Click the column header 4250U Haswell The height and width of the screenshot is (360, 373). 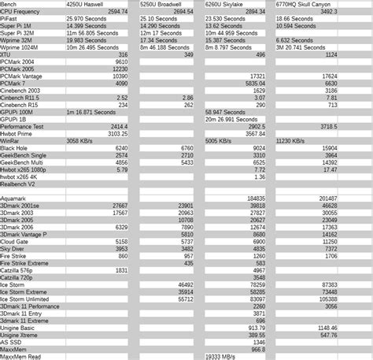87,5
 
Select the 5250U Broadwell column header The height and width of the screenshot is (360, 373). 161,5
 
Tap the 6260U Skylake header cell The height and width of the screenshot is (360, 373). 226,5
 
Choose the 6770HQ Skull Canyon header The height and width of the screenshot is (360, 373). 302,5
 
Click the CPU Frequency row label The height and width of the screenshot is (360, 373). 21,12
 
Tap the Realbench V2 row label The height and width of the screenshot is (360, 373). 19,184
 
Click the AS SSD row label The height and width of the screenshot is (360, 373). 11,342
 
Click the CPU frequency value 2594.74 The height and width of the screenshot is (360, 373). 117,12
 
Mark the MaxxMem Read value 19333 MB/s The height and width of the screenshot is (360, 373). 225,356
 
